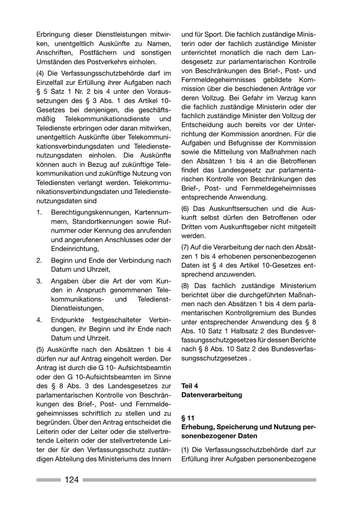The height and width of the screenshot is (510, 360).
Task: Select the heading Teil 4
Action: click(x=190, y=386)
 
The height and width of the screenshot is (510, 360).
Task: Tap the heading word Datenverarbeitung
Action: click(x=212, y=395)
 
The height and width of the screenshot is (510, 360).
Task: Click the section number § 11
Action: click(x=188, y=418)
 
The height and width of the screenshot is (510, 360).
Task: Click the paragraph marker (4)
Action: click(x=41, y=73)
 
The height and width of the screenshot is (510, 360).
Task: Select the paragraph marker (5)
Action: click(x=41, y=349)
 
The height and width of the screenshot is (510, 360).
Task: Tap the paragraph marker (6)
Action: click(x=186, y=209)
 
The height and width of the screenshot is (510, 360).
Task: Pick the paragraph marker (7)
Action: click(x=186, y=247)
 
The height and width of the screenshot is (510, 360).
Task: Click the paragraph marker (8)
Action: click(x=186, y=286)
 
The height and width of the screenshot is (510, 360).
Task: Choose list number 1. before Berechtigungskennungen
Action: click(x=39, y=212)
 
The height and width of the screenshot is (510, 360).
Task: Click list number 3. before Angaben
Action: click(x=39, y=281)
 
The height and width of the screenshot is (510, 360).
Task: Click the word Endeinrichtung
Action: click(x=74, y=249)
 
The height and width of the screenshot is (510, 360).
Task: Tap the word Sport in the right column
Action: click(x=212, y=34)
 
